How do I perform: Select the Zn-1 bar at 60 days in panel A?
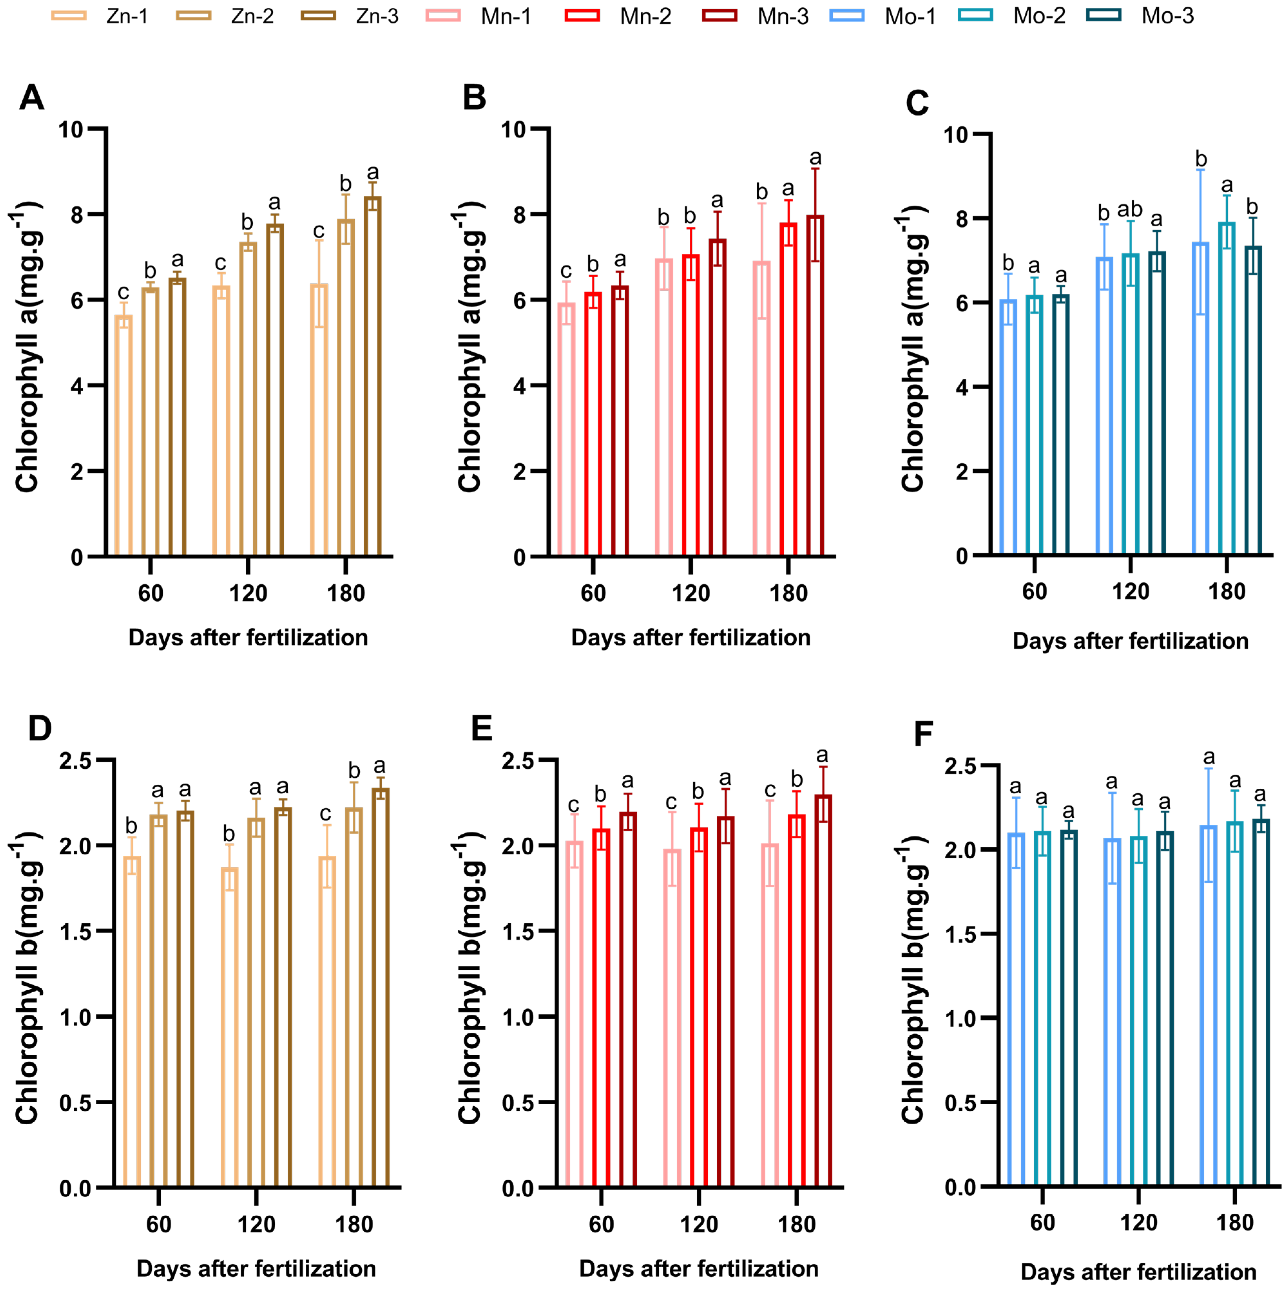(124, 435)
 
